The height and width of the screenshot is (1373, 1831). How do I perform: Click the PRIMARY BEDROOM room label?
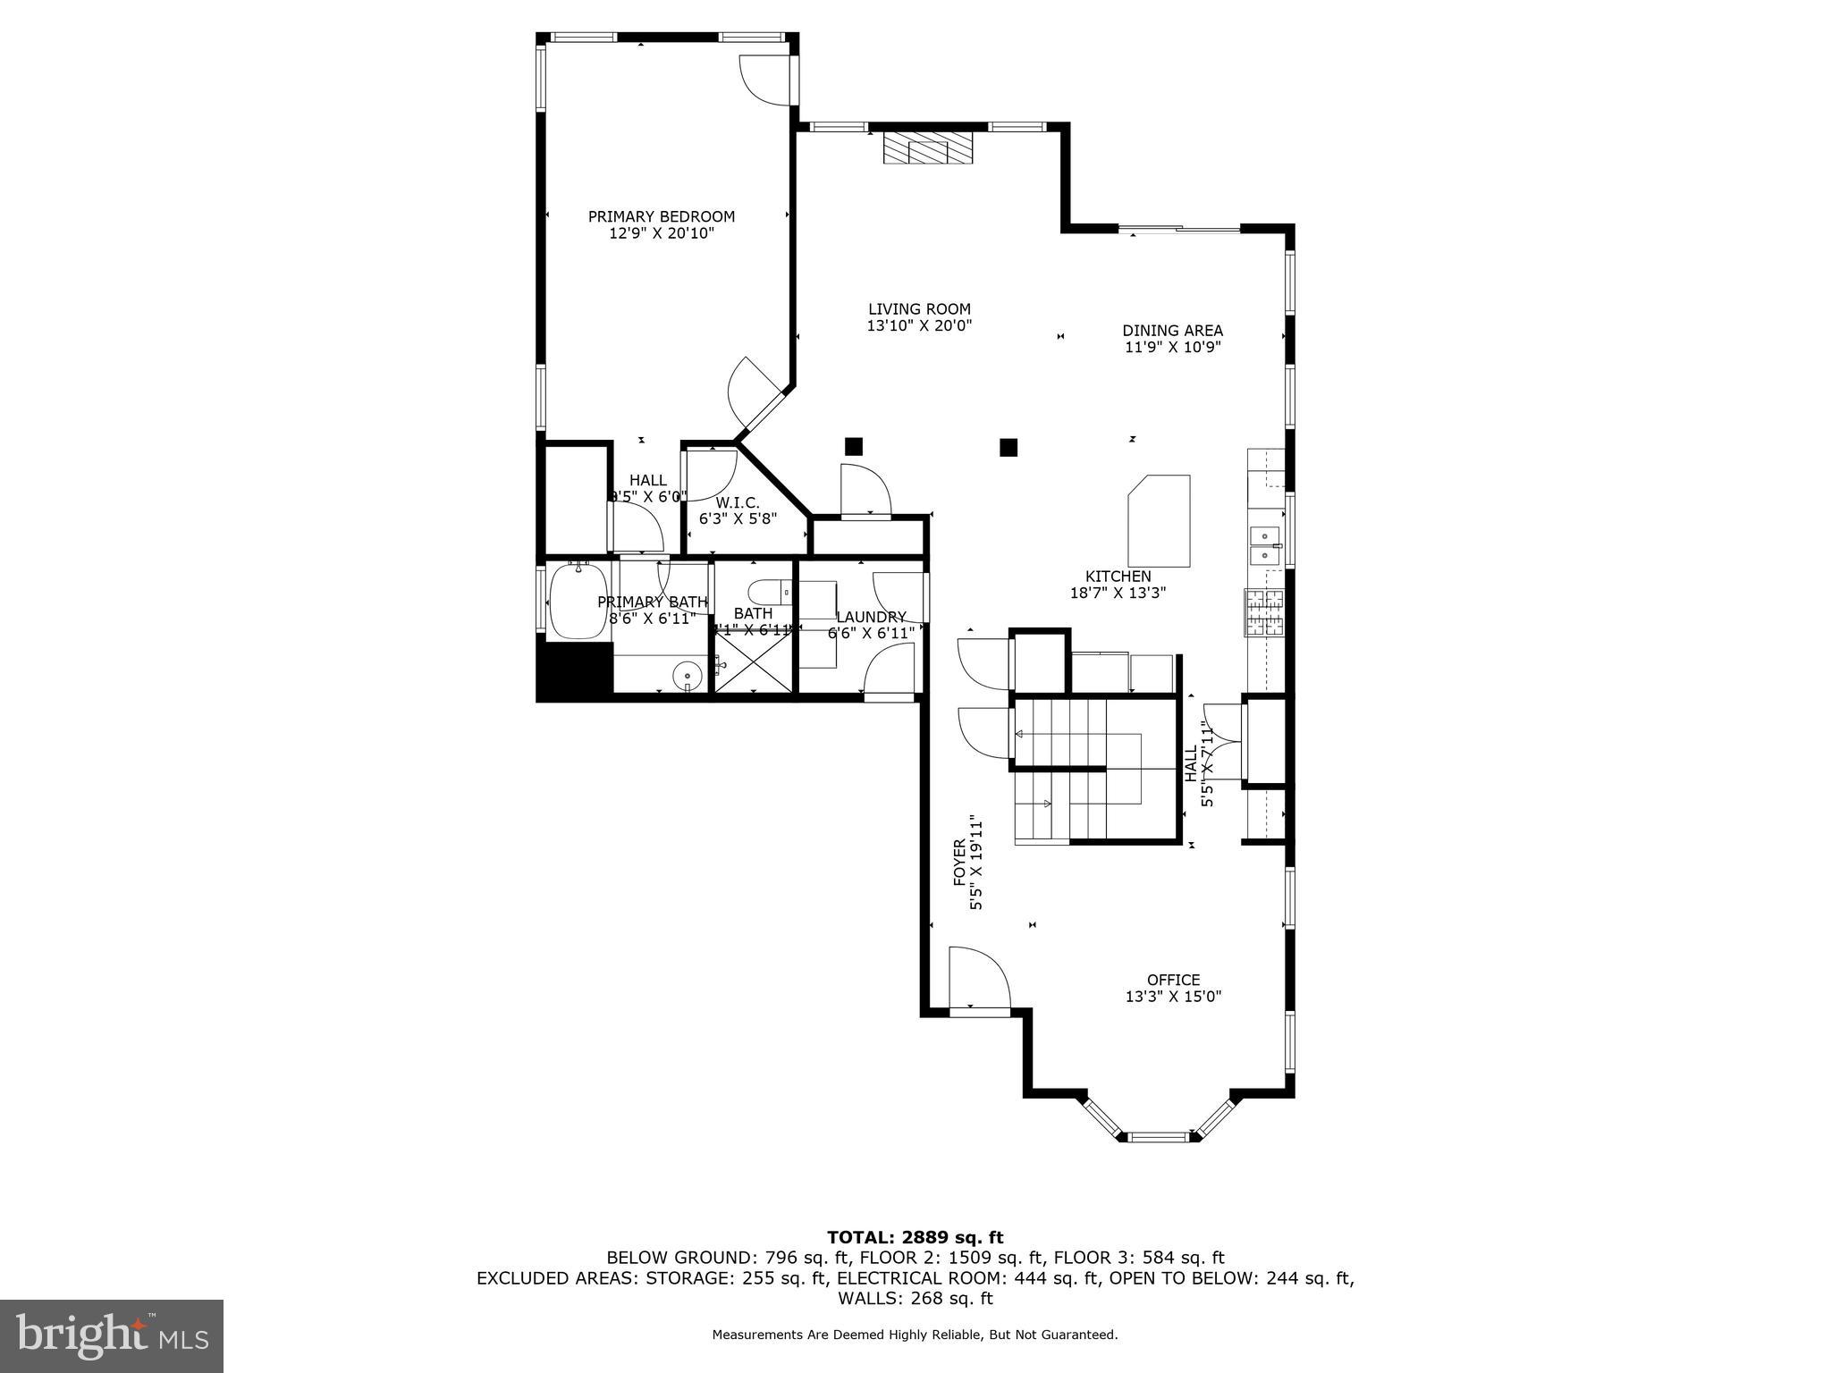661,216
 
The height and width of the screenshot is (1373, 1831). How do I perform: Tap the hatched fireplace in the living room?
926,148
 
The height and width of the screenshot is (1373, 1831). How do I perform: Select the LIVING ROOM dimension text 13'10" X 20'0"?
919,326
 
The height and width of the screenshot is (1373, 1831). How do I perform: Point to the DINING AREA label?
1172,331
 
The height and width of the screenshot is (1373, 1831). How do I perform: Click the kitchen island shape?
1160,520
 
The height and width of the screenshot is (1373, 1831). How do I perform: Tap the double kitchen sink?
1264,545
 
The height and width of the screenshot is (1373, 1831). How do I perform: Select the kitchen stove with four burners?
1264,612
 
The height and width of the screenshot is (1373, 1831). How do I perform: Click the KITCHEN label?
1118,577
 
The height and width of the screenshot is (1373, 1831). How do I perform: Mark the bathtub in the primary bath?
578,601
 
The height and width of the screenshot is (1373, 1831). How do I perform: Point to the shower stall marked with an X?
754,663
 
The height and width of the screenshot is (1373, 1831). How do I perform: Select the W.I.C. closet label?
738,503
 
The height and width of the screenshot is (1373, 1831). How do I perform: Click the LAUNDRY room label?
871,617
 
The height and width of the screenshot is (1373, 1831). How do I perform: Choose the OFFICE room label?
1173,980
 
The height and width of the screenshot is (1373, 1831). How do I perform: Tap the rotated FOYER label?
959,862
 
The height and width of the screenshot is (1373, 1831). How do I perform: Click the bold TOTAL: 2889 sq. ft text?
915,1237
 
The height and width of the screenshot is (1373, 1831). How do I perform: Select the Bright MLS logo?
112,1335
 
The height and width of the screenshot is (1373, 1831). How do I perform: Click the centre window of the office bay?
1158,1137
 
